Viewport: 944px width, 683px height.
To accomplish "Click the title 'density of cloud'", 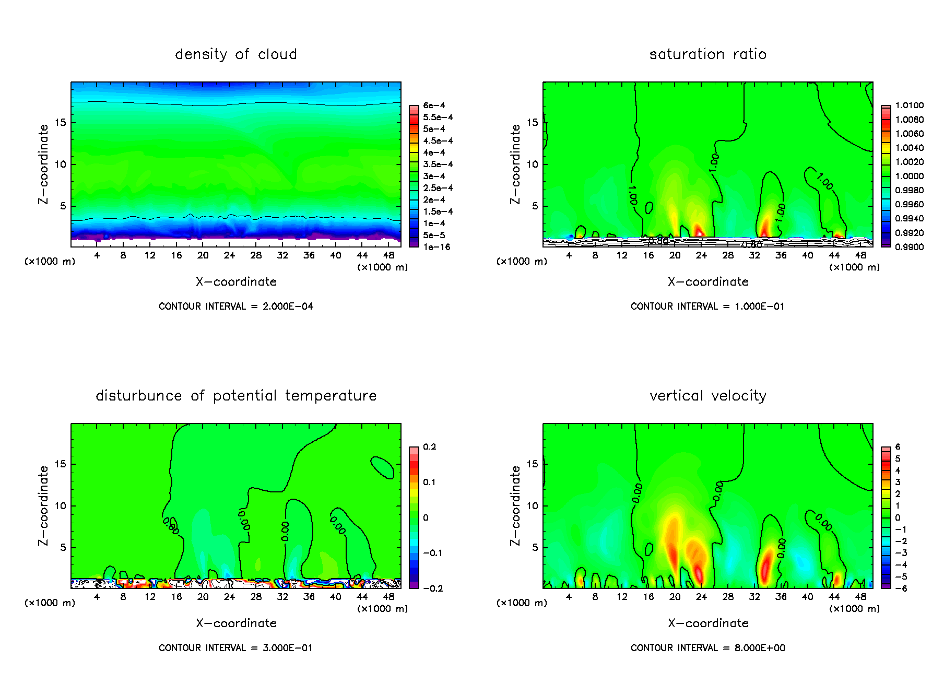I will [x=235, y=54].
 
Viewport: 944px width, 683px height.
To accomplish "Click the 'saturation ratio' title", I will [x=707, y=54].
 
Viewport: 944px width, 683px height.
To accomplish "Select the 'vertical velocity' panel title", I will [x=707, y=396].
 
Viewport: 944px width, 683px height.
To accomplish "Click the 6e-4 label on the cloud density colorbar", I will [x=434, y=105].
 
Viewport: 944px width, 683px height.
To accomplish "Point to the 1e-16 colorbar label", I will [x=436, y=247].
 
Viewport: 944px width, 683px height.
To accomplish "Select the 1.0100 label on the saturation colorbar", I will [x=909, y=105].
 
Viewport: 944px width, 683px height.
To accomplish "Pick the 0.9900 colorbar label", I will [x=909, y=247].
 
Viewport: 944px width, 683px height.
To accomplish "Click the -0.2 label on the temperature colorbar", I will [x=432, y=588].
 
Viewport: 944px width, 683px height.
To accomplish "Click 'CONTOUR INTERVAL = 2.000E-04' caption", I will [x=236, y=307].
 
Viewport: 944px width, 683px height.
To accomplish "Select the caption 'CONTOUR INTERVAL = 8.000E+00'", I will [x=707, y=648].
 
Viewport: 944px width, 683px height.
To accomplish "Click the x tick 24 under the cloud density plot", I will [x=229, y=255].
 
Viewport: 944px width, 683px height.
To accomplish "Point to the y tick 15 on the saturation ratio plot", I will [x=532, y=123].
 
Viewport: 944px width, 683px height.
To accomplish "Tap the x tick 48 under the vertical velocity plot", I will [x=860, y=597].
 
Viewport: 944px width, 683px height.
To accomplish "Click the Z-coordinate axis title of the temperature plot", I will [x=43, y=505].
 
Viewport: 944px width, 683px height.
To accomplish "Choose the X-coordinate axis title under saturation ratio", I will [x=707, y=282].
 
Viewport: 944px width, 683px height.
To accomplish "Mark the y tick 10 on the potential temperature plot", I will [x=61, y=505].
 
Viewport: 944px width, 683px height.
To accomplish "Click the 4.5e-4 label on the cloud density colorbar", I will [x=438, y=141].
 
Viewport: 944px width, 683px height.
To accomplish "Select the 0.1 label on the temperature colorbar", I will [x=429, y=482].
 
